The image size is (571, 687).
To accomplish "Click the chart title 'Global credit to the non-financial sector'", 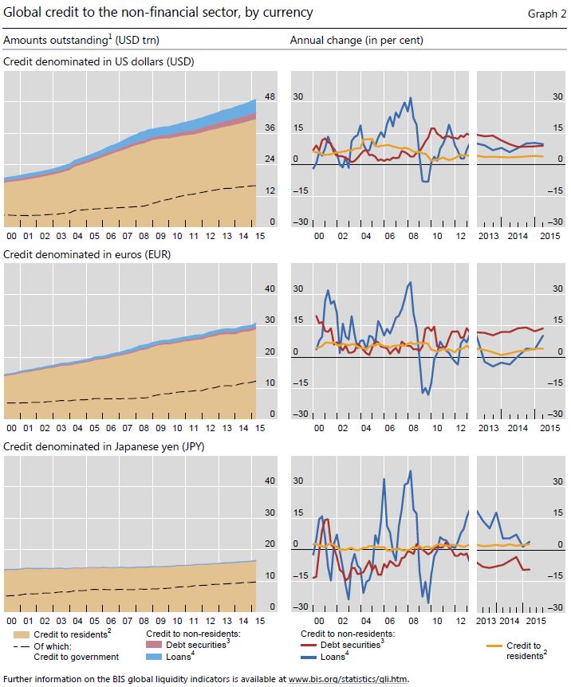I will pos(158,13).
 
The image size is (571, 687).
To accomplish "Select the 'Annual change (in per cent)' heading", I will pos(356,40).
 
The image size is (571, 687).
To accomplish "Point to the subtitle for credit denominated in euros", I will pos(87,254).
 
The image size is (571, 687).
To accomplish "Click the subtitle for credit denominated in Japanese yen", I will pos(104,447).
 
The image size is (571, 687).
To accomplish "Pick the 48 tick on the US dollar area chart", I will pos(270,96).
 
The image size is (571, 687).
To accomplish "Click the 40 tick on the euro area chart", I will pos(270,289).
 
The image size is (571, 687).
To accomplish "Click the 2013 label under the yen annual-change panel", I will pos(488,620).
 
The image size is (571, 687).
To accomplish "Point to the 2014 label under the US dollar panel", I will pos(517,237).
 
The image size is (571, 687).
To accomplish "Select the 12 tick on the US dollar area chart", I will pos(270,191).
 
